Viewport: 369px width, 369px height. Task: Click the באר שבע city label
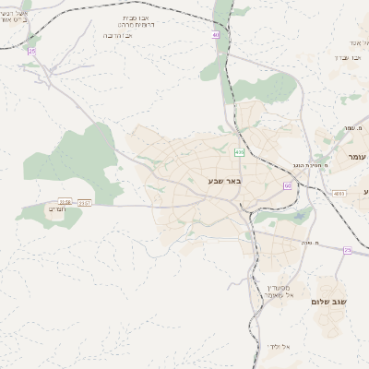click(224, 181)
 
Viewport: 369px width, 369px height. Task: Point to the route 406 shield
click(240, 152)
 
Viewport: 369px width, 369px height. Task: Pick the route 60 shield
click(288, 185)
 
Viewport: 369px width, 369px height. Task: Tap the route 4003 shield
click(339, 193)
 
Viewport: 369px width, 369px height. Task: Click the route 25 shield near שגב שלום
click(347, 249)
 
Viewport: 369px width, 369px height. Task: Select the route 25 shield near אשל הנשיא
click(31, 51)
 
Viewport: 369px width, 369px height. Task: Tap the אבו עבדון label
click(339, 57)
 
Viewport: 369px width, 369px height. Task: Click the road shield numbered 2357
click(85, 201)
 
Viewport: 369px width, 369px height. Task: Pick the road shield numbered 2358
click(65, 201)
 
